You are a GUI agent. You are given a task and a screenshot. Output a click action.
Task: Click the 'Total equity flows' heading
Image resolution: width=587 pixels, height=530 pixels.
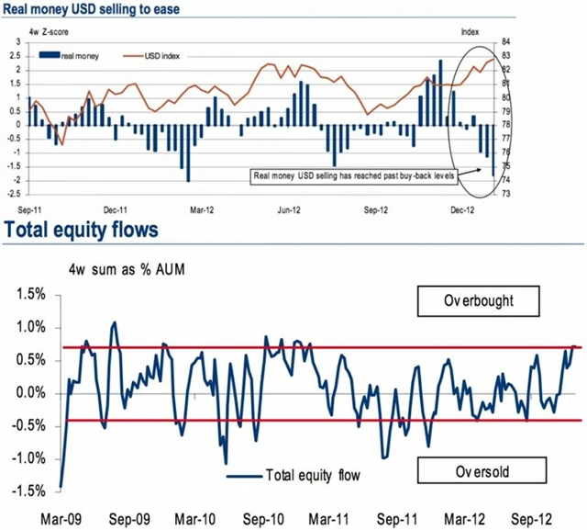coord(88,227)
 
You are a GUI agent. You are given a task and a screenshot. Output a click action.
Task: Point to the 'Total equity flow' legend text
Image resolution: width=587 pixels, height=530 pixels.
coord(311,476)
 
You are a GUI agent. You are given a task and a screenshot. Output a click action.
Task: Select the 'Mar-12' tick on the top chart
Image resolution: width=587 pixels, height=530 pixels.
coord(202,209)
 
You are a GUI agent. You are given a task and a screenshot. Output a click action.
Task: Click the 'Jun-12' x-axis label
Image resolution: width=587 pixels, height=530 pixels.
coord(289,209)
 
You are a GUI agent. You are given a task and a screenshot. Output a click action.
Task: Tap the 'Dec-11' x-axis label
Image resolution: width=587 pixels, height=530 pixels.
coord(116,209)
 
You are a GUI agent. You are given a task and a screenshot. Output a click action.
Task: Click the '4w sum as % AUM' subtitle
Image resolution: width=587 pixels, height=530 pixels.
coord(117,270)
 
